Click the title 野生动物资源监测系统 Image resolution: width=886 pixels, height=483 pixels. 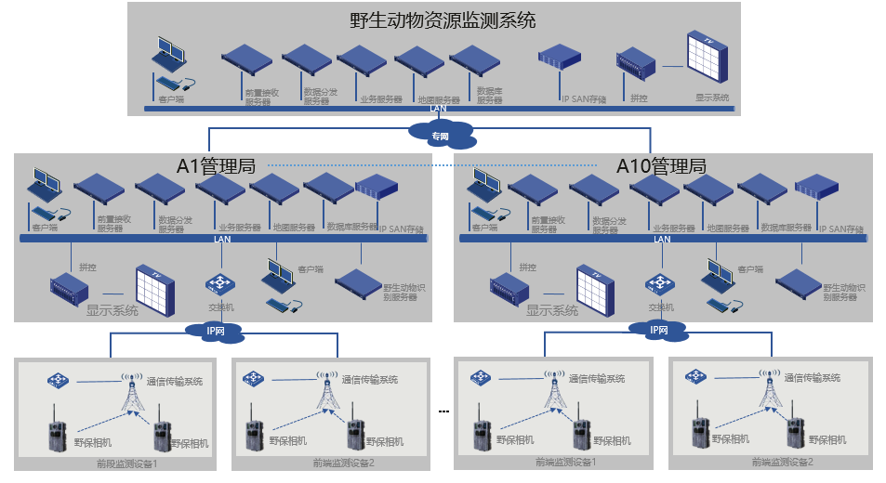443,20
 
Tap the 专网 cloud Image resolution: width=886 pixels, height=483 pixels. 441,136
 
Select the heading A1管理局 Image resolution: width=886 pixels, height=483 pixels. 216,166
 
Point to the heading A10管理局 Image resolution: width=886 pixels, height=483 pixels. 661,166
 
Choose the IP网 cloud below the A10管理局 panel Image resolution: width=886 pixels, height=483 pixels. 659,329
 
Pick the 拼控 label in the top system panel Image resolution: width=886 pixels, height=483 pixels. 638,98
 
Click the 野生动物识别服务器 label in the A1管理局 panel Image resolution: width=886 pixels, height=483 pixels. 405,293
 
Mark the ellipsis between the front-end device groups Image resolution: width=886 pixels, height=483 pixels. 443,411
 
